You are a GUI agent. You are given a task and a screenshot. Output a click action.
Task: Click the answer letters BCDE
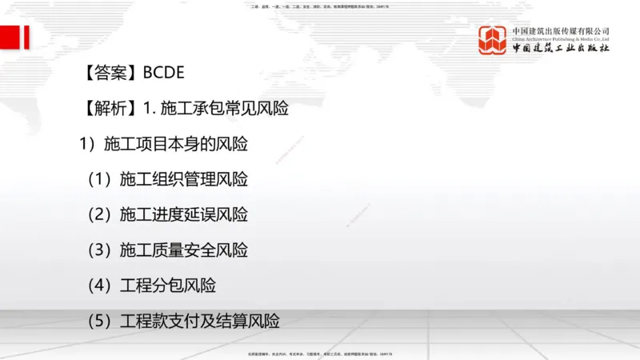[x=164, y=74]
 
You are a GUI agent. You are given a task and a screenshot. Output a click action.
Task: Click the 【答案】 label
[x=110, y=74]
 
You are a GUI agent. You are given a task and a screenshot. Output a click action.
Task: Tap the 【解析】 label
[x=110, y=109]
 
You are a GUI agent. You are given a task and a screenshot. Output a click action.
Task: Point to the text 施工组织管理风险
[x=183, y=179]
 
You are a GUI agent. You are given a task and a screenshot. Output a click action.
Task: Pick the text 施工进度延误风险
[x=183, y=214]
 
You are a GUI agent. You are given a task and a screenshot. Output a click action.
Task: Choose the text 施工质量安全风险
[x=183, y=250]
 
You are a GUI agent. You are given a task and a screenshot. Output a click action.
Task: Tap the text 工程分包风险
[x=167, y=286]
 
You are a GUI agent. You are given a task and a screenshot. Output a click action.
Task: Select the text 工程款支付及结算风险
[x=199, y=322]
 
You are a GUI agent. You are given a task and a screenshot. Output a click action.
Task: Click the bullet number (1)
[x=101, y=179]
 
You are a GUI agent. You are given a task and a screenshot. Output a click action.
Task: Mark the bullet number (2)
[x=101, y=214]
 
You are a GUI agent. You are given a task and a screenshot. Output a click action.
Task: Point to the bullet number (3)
[x=101, y=250]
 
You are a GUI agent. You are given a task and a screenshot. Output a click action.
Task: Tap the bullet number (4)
[x=101, y=286]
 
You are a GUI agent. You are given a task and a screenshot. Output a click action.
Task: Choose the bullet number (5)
[x=101, y=322]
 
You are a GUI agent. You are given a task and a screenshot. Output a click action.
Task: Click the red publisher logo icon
[x=494, y=40]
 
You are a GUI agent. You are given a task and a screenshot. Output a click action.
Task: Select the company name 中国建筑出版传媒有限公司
[x=561, y=30]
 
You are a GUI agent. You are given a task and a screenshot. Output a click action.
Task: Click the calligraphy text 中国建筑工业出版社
[x=561, y=49]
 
